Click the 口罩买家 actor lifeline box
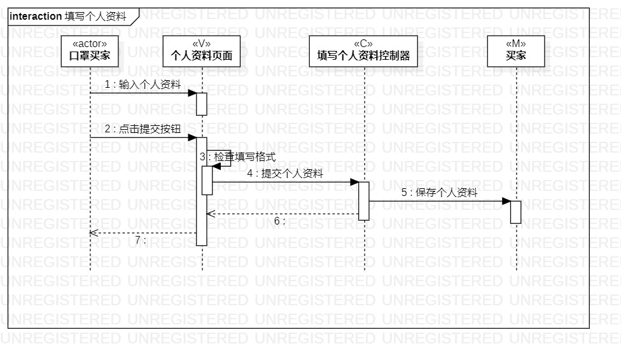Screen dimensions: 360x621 (90, 50)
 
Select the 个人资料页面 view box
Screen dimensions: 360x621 (202, 50)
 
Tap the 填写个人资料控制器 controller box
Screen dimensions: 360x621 (363, 50)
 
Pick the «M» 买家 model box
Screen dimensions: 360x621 (515, 50)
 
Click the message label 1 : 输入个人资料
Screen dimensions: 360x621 (143, 84)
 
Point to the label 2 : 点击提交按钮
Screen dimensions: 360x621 (143, 128)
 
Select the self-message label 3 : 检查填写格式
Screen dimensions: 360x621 (237, 156)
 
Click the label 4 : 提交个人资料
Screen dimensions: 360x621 (285, 173)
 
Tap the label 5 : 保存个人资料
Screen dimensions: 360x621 (439, 193)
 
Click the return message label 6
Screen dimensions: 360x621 (279, 221)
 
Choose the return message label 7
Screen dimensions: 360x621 (141, 240)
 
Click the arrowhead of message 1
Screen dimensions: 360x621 (192, 93)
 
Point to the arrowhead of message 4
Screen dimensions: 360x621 (354, 182)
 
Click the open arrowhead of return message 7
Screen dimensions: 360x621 (92, 233)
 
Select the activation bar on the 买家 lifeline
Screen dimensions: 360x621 (515, 212)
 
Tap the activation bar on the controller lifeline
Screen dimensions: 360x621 (363, 201)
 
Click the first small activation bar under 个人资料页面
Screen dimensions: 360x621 (202, 104)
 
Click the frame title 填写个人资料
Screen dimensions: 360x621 (95, 17)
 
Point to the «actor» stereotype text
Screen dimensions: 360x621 (90, 43)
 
